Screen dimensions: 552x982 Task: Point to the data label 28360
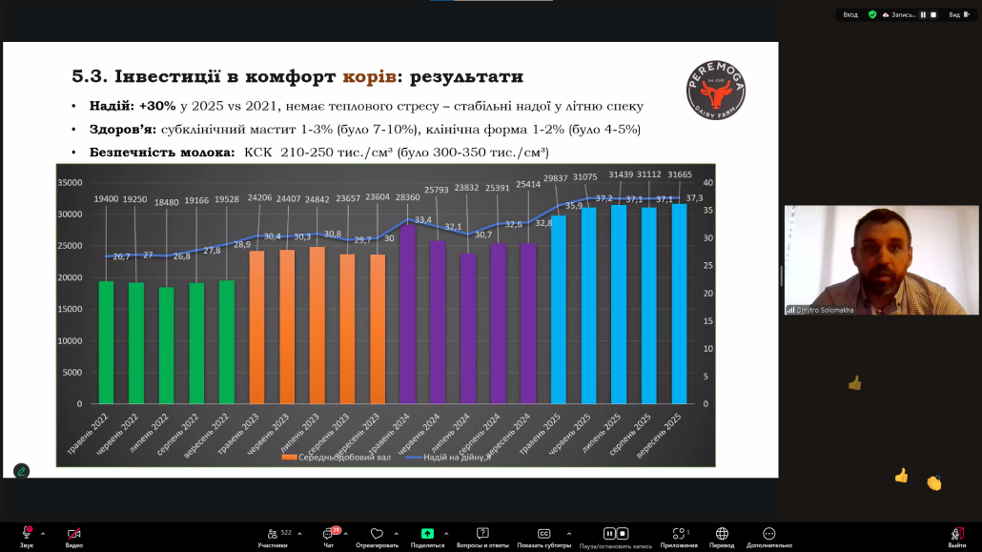[408, 198]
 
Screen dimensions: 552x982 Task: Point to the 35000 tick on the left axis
[71, 182]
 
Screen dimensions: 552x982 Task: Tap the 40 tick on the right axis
[707, 182]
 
